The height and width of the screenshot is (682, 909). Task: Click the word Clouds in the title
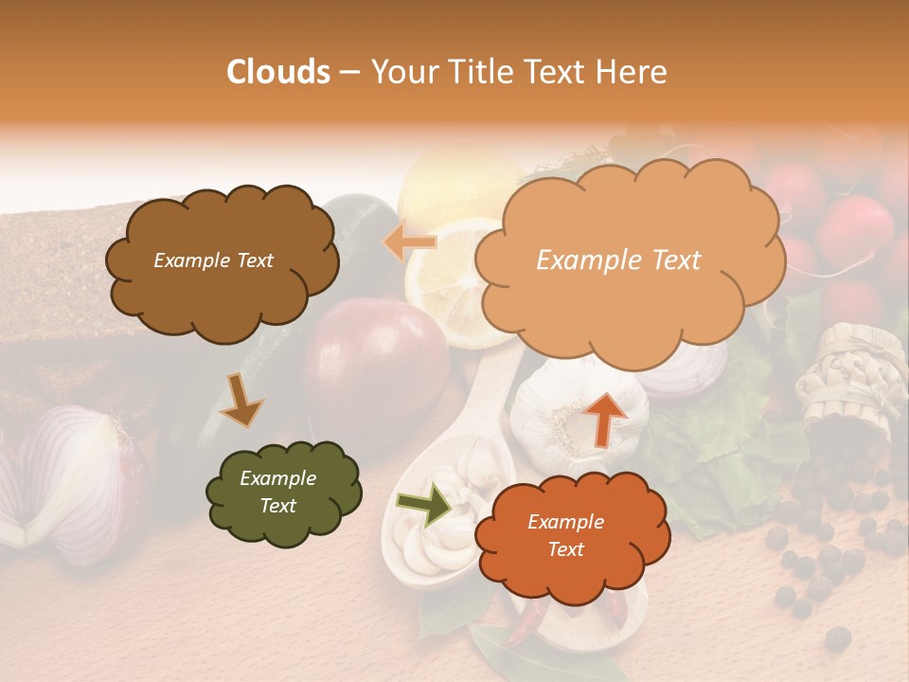click(x=278, y=72)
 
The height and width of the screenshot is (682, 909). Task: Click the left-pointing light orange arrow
click(x=410, y=241)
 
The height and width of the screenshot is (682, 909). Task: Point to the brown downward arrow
click(x=241, y=400)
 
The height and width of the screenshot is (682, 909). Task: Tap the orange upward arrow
click(x=606, y=417)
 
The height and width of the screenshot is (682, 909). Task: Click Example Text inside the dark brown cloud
click(x=213, y=260)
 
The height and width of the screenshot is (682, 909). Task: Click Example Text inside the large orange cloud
click(x=618, y=260)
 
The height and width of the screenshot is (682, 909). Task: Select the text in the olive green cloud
click(x=277, y=493)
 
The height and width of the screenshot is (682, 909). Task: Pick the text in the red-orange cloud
click(x=565, y=535)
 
